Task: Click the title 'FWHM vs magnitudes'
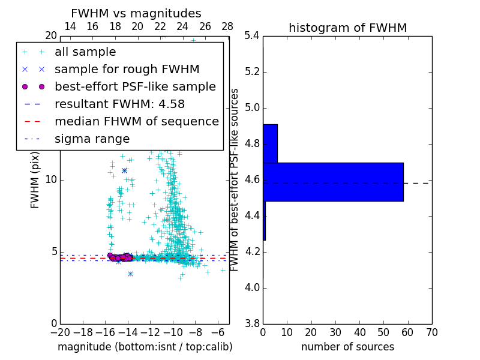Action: click(136, 13)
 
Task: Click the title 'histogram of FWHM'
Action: click(347, 28)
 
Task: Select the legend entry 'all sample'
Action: click(85, 52)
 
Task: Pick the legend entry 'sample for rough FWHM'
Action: click(127, 69)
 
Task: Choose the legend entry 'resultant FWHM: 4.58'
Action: click(119, 104)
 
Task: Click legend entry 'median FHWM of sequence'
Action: click(136, 121)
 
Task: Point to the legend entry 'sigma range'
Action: click(92, 139)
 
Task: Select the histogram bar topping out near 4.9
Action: click(270, 143)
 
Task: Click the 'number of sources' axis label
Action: click(347, 347)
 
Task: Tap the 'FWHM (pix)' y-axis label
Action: click(35, 180)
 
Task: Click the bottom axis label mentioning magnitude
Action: click(145, 347)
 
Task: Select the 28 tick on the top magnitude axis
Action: click(227, 26)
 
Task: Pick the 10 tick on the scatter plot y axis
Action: click(51, 180)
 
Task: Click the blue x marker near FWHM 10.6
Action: click(124, 170)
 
